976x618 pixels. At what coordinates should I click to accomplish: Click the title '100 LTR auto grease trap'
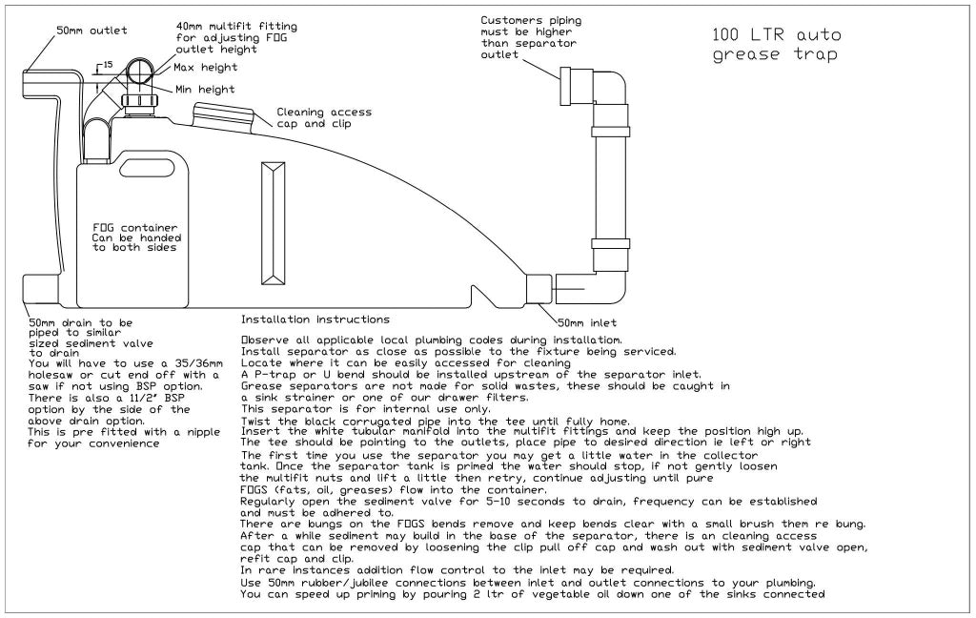[x=777, y=45]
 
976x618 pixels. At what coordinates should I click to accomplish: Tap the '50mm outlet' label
[x=91, y=31]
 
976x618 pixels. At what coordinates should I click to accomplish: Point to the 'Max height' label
[x=206, y=68]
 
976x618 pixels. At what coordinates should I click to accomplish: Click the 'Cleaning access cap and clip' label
[x=324, y=117]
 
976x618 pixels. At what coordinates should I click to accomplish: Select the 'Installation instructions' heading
[x=315, y=319]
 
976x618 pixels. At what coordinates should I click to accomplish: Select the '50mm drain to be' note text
[x=81, y=322]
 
